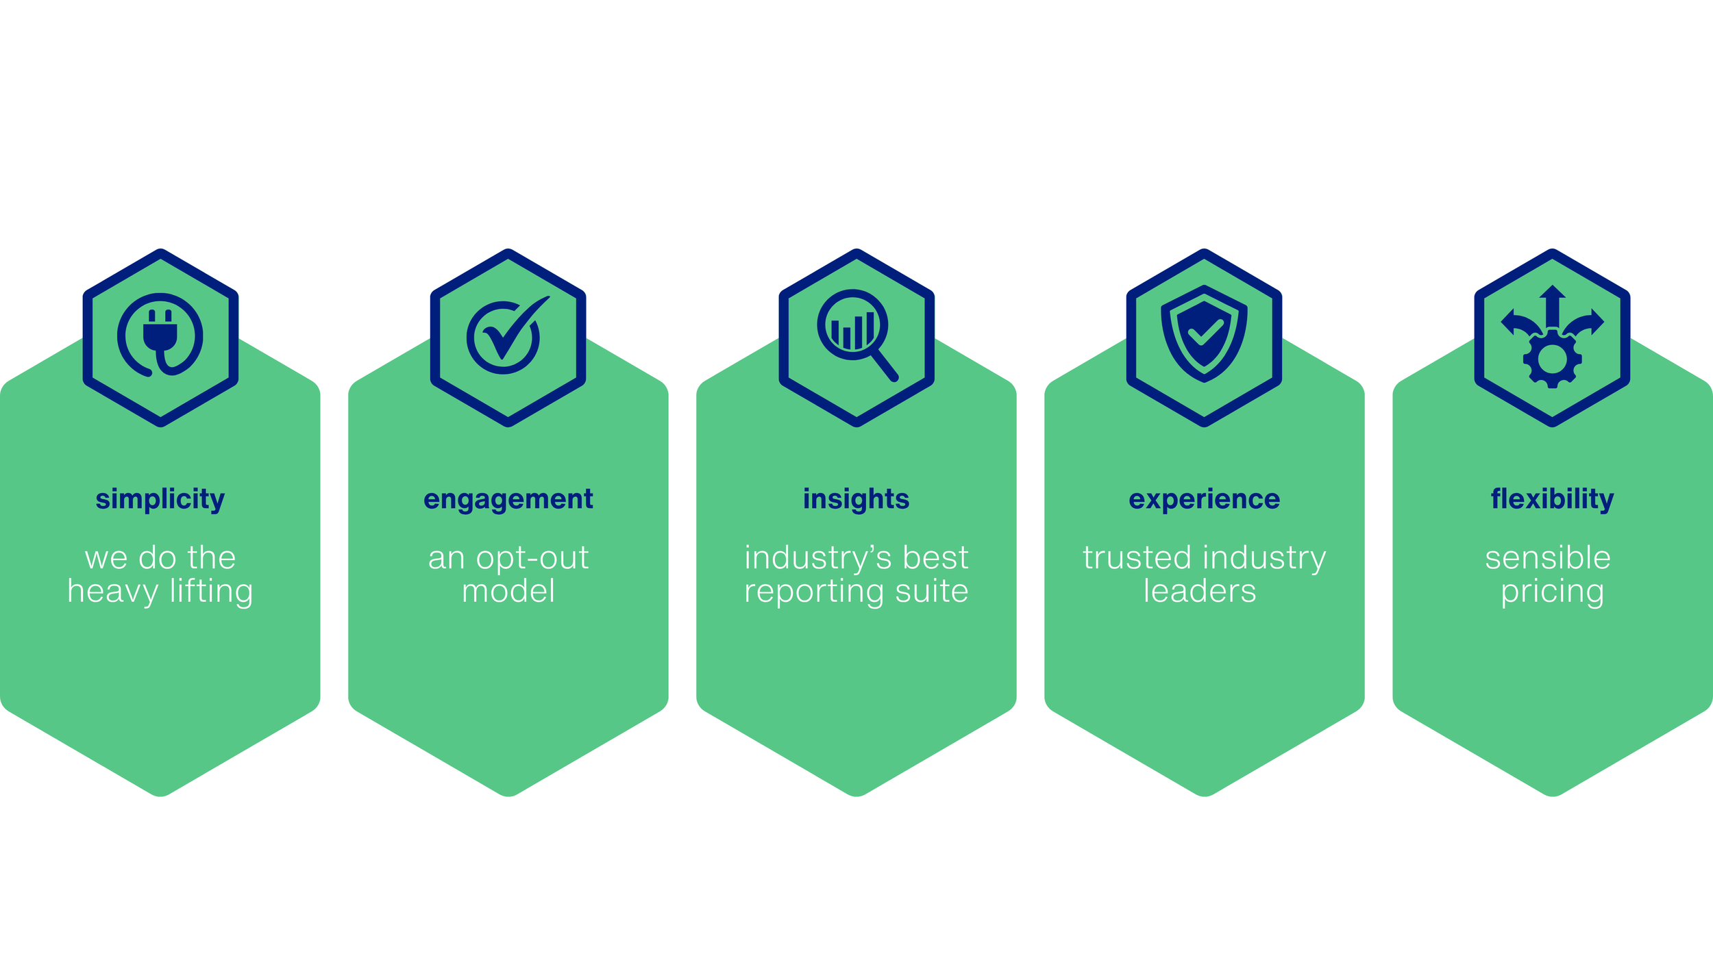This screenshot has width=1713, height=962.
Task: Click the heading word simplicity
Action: (x=160, y=499)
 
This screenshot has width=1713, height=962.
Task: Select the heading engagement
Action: (x=508, y=499)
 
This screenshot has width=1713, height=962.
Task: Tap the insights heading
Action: (x=856, y=499)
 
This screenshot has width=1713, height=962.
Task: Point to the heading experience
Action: (x=1204, y=499)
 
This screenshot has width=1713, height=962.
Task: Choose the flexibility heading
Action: (x=1552, y=499)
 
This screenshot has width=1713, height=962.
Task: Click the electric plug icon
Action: (x=160, y=336)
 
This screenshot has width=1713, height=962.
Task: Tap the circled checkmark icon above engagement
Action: (x=507, y=336)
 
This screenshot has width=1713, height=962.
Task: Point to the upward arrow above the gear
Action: (x=1552, y=305)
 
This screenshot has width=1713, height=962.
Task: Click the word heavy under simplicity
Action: (x=112, y=591)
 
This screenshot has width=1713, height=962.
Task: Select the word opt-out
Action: (x=532, y=558)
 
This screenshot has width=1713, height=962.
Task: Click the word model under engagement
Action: (x=508, y=591)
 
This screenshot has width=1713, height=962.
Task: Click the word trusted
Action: (x=1137, y=557)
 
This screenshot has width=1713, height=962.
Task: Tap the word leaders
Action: (x=1200, y=591)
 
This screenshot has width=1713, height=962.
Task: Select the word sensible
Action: (x=1548, y=557)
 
